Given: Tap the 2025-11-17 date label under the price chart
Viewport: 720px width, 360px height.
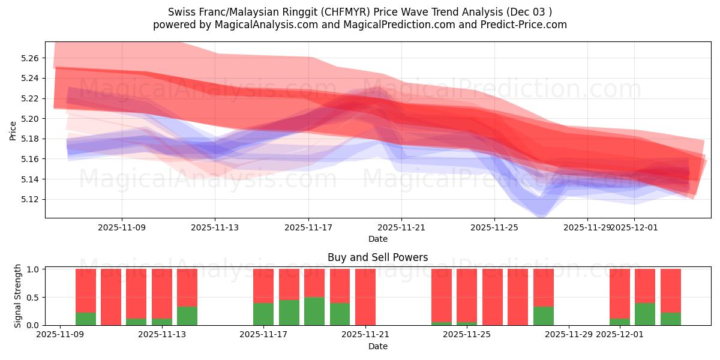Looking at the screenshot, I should [308, 228].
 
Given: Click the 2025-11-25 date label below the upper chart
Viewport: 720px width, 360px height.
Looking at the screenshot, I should [494, 228].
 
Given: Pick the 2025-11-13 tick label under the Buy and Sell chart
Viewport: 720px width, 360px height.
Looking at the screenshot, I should [162, 335].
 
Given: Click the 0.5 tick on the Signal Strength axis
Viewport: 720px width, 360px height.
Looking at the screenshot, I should [33, 297].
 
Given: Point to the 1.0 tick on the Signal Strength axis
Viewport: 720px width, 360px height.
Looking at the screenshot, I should [33, 269].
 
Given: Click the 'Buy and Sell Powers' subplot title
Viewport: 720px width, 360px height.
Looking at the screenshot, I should [377, 257].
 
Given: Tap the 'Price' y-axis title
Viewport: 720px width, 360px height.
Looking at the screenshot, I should [13, 130].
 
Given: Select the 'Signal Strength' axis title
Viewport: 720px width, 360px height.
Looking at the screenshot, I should [18, 296].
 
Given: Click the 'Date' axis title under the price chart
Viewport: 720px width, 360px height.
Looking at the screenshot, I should [377, 239].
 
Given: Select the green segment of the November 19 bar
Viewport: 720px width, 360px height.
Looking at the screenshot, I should [314, 311].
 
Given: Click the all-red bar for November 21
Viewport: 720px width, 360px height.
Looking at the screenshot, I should [365, 297].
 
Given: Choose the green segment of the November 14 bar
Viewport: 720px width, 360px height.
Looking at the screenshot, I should [187, 316].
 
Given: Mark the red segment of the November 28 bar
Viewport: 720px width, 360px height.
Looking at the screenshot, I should [544, 287].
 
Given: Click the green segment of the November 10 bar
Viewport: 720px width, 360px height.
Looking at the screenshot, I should [86, 319].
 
